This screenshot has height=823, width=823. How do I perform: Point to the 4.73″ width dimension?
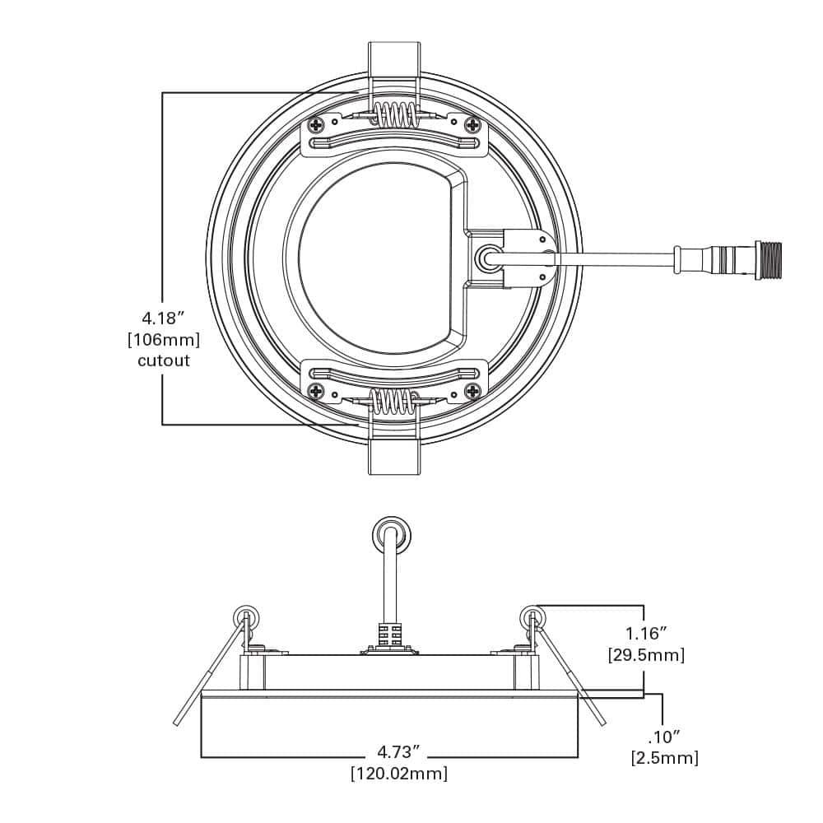[x=399, y=751]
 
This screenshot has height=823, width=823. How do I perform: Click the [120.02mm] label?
[x=399, y=774]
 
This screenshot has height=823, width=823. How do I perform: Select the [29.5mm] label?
[x=646, y=655]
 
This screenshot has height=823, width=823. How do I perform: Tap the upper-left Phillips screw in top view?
[x=317, y=125]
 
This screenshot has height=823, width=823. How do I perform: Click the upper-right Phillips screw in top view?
[x=472, y=125]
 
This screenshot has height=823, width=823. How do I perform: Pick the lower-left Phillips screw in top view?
[x=317, y=390]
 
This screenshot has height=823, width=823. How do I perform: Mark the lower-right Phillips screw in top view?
[x=472, y=390]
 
